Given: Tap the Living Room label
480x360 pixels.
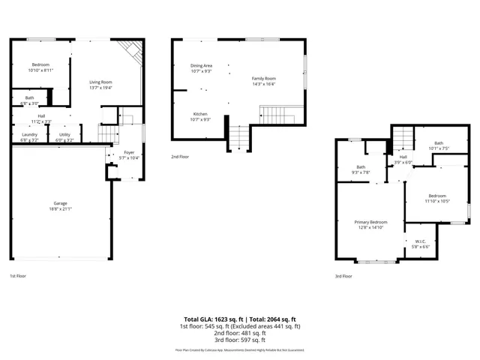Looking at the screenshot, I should point(100,82).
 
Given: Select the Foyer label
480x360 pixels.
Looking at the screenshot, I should point(129,152).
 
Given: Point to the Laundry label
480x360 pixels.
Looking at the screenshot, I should point(29,135).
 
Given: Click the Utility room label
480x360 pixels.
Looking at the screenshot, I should point(64,135).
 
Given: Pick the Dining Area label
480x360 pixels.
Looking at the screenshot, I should point(201,66).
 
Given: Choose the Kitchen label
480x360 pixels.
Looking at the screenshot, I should point(200,114).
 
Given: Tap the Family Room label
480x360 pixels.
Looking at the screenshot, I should point(263,79).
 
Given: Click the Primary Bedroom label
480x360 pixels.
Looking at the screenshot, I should point(371,222).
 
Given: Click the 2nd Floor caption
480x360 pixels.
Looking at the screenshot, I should point(179,157).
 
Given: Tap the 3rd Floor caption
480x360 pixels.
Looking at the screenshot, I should point(343,276).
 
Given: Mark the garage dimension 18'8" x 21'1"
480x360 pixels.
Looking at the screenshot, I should point(61,209).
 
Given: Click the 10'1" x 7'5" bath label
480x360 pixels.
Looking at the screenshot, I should point(439,148).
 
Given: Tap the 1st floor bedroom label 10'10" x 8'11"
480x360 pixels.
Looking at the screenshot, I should point(40,70).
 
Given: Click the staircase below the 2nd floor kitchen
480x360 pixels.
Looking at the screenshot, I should point(238,138).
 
